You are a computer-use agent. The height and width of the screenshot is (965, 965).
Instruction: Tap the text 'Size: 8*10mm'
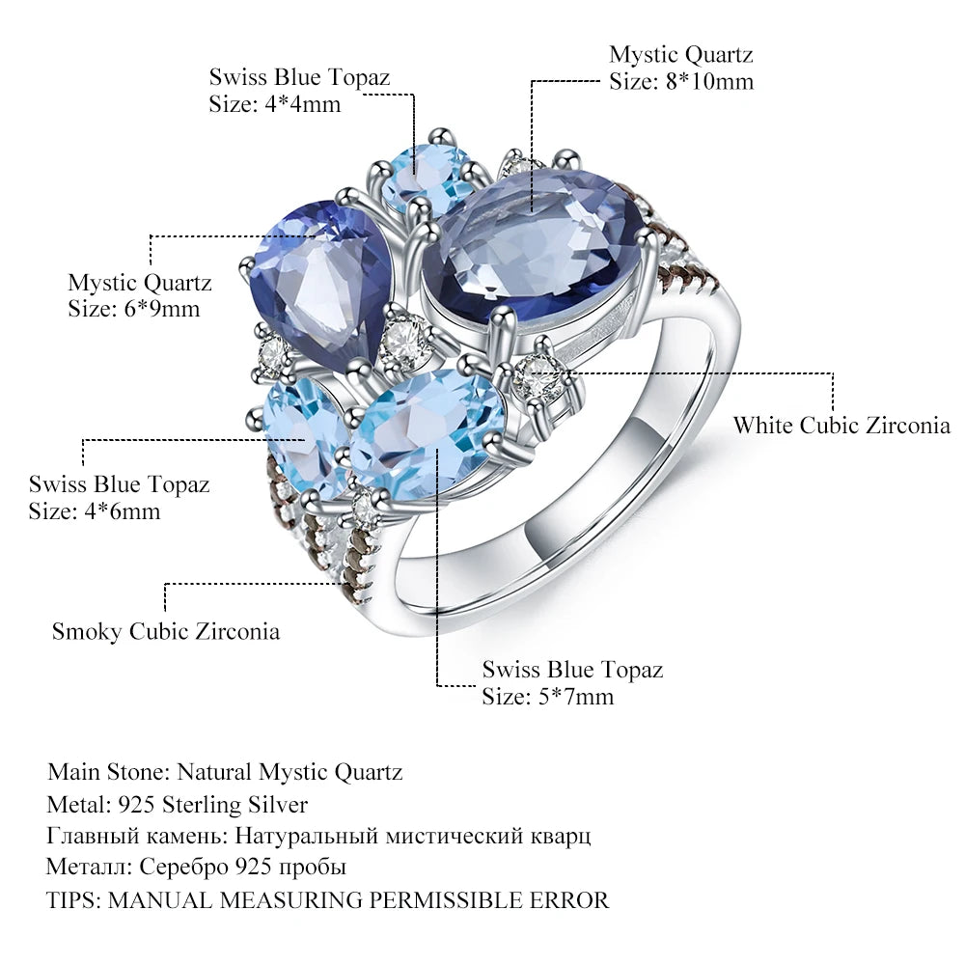(x=680, y=81)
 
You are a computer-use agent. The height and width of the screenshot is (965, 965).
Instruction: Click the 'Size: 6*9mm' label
(x=133, y=309)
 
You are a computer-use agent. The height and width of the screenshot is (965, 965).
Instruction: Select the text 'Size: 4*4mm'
(x=275, y=104)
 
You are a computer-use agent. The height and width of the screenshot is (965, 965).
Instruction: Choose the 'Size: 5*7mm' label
(x=548, y=695)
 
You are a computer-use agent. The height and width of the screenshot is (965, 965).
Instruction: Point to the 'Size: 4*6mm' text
(x=95, y=510)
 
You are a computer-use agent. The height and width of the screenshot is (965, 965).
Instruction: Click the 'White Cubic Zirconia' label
(x=841, y=426)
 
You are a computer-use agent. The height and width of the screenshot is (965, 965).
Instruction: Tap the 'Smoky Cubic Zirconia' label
(x=166, y=632)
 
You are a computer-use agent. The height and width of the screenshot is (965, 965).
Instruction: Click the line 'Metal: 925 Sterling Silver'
(x=178, y=804)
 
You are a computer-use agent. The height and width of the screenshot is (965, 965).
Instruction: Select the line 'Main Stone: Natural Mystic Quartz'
(x=225, y=772)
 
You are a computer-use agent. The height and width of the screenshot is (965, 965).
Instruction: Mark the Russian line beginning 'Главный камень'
(x=317, y=836)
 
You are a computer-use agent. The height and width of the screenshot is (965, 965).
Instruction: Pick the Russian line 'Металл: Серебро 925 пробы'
(x=196, y=868)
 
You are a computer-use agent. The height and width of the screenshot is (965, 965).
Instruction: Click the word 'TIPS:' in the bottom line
(x=73, y=900)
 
